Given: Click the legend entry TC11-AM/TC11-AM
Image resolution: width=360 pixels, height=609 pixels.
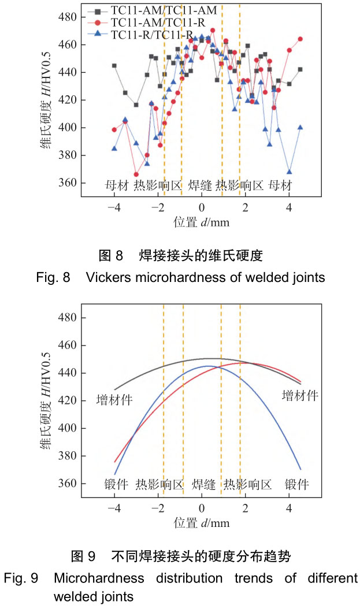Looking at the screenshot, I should [x=155, y=11].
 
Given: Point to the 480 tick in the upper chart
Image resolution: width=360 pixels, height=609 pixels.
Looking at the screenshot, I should [x=69, y=17].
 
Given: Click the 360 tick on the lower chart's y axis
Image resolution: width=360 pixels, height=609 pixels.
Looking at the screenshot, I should [x=69, y=484].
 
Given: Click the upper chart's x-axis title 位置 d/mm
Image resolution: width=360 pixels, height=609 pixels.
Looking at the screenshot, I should [x=201, y=222].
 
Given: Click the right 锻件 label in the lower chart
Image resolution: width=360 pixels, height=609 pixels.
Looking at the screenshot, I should [x=297, y=484].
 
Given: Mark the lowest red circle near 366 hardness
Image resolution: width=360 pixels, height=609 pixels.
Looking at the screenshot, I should [x=136, y=174].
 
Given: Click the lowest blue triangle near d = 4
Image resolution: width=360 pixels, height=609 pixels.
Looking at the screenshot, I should [x=289, y=172].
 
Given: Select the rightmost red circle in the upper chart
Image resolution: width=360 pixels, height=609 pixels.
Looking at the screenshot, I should [x=300, y=39].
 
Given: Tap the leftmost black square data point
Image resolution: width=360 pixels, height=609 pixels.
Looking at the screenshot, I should [x=114, y=65].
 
